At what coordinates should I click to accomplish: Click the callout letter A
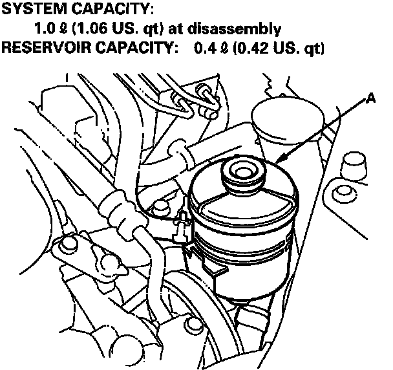click(370, 98)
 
